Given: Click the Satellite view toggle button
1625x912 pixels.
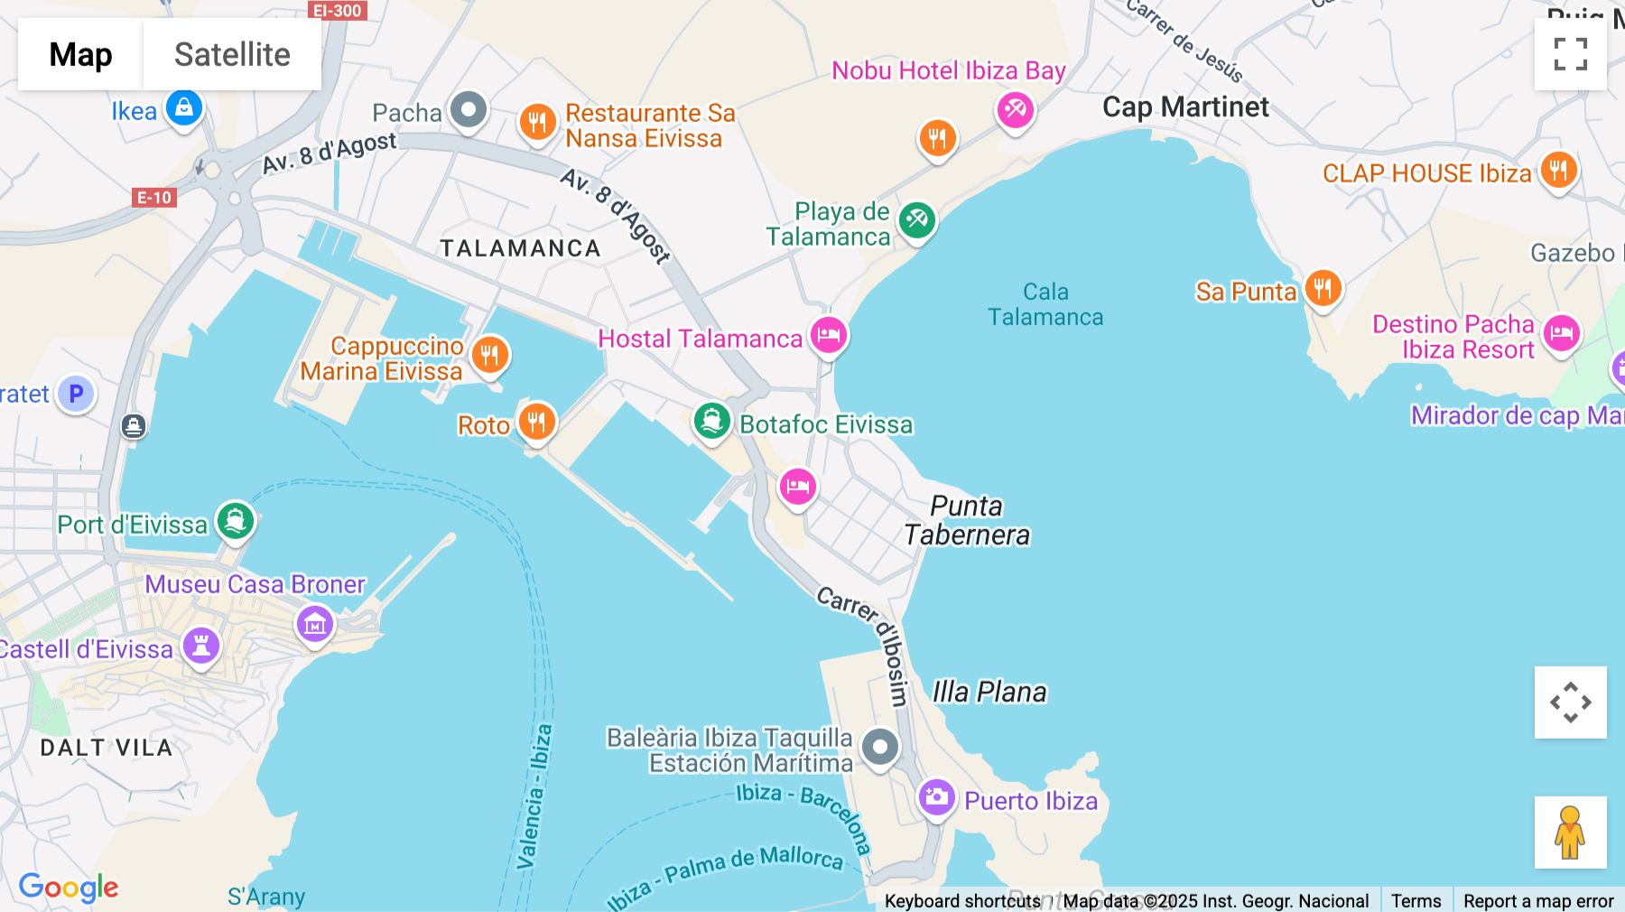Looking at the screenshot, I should click(232, 54).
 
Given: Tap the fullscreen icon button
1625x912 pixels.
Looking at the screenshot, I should click(1570, 54).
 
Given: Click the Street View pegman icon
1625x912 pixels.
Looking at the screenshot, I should click(1570, 832).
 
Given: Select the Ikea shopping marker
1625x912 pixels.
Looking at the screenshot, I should click(184, 108).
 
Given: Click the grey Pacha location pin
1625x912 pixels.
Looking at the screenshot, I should click(469, 111).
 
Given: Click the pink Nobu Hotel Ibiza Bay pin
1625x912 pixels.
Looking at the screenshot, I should click(1015, 110).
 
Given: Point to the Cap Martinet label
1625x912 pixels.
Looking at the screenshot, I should click(1185, 107).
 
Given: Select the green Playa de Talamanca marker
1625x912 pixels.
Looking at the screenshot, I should click(917, 219).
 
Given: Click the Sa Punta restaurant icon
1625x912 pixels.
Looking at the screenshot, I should click(1323, 289).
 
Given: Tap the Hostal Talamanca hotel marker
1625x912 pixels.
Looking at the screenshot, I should click(828, 336).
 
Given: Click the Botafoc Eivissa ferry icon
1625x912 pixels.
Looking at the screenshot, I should click(712, 421).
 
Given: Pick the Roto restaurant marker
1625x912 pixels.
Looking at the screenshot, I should click(536, 422).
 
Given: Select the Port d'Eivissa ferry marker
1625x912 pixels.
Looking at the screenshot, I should click(236, 521).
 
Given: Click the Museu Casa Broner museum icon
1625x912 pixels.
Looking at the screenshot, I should click(315, 623).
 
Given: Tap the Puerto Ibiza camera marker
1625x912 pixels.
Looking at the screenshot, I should click(937, 797).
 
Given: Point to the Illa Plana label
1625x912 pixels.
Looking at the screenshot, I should click(989, 692).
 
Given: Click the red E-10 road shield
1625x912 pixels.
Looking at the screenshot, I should click(154, 197).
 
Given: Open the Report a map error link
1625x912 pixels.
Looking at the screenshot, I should click(1537, 900).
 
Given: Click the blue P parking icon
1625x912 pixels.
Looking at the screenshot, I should click(77, 394).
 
